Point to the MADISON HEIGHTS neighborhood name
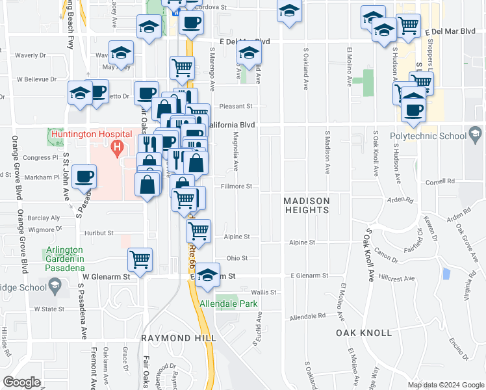[x=307, y=205]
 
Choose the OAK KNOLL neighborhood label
[x=364, y=333]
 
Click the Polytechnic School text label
[x=428, y=136]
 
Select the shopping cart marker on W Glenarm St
[x=140, y=260]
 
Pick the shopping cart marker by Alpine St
[x=198, y=230]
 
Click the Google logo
[x=21, y=382]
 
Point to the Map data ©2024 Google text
[x=445, y=385]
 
